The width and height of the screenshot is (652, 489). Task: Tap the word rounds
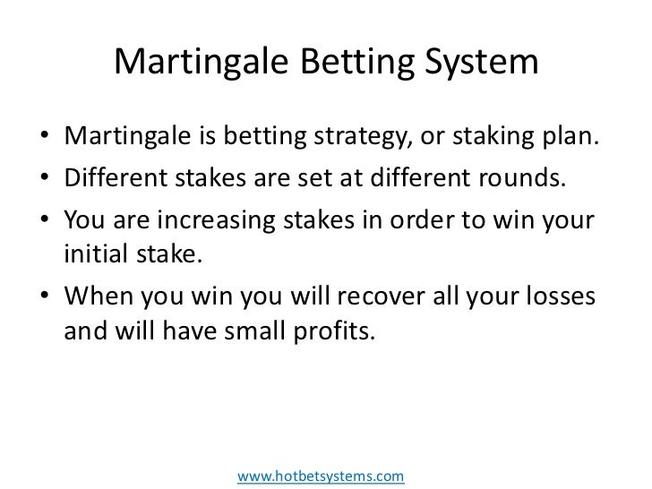[522, 178]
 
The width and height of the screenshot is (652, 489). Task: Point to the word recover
[375, 295]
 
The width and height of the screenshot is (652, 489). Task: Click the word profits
[341, 332]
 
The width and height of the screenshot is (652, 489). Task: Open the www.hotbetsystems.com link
[321, 476]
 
